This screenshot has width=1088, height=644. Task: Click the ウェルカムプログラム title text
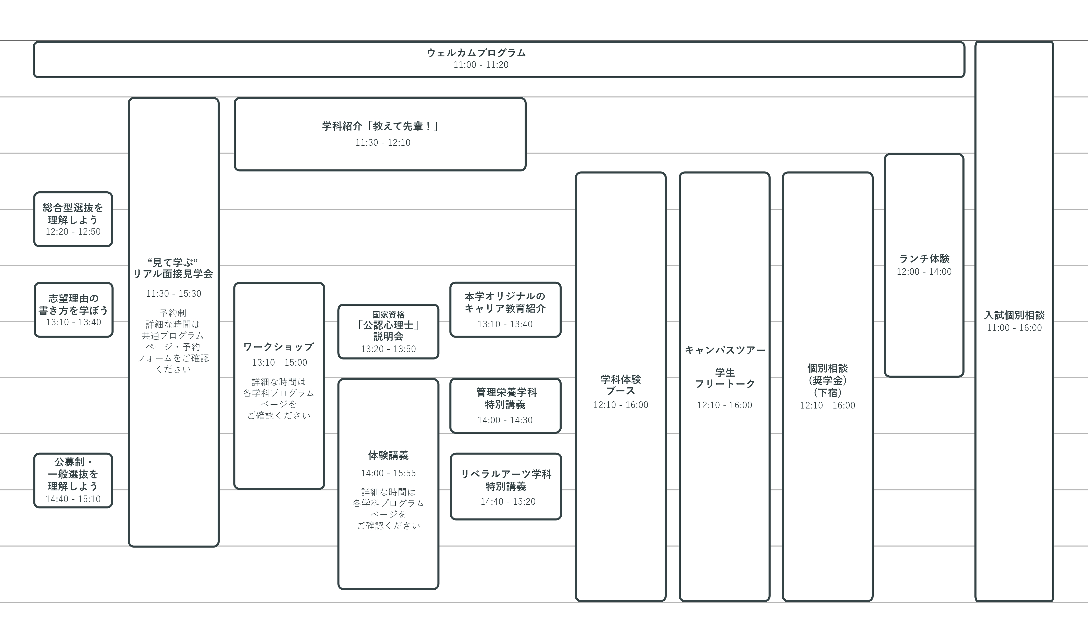pos(476,53)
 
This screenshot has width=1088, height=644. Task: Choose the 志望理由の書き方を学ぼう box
pos(73,310)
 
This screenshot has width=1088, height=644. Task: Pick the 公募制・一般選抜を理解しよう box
pos(73,480)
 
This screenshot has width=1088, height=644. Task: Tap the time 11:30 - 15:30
pos(174,294)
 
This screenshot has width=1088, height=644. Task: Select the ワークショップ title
pos(279,347)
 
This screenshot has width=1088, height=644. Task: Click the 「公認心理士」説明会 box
pos(388,331)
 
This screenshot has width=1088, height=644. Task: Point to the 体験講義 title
pos(388,455)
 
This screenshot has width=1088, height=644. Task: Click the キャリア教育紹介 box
pos(505,309)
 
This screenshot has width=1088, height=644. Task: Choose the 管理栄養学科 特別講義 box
pos(505,406)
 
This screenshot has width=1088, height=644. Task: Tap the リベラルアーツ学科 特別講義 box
pos(505,487)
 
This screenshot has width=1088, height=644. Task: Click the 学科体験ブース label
pos(621,385)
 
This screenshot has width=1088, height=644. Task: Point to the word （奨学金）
pos(827,381)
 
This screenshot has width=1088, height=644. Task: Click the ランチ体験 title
pos(924,259)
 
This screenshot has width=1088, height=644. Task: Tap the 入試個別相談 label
pos(1014,315)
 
